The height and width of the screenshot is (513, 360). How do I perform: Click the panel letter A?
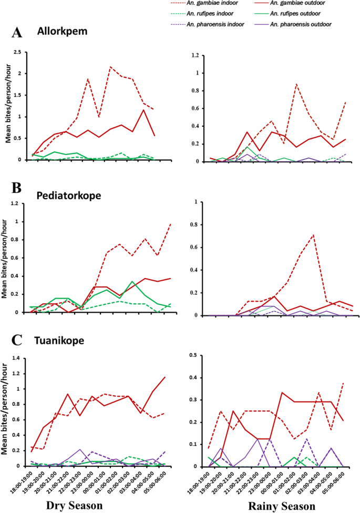pyautogui.click(x=17, y=33)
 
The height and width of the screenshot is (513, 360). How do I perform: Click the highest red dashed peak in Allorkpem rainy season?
pyautogui.click(x=297, y=84)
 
